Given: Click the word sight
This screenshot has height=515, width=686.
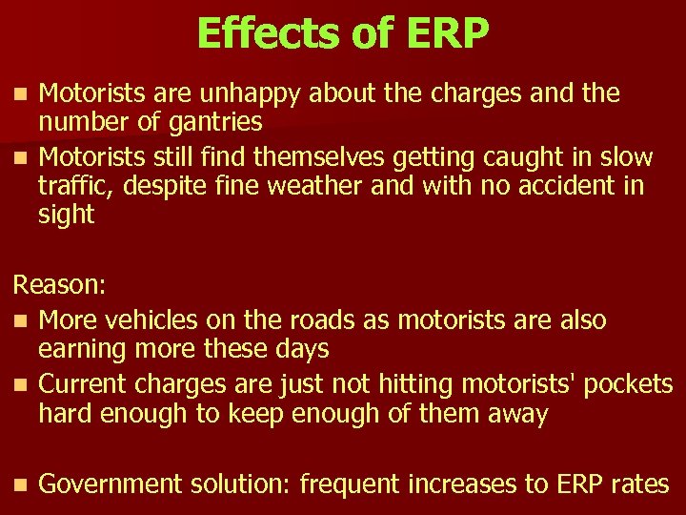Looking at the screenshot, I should pos(66,215).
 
